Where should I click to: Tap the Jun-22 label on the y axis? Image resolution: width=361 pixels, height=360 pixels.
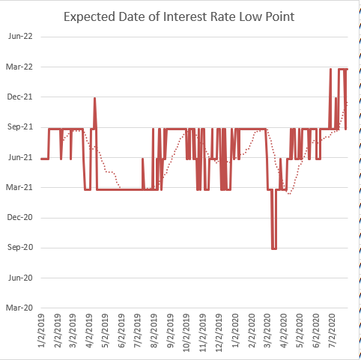[20, 37]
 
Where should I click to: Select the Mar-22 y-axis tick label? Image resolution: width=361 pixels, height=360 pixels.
[20, 67]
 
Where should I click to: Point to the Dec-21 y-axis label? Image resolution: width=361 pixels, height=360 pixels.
[20, 97]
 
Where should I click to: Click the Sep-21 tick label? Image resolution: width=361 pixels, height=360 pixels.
[20, 127]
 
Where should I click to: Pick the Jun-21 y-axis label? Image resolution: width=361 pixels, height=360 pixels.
[20, 157]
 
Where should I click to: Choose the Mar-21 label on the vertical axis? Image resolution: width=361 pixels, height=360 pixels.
[20, 187]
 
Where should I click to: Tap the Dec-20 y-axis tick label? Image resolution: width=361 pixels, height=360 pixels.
[20, 218]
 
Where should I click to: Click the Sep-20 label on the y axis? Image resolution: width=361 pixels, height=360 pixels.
[20, 248]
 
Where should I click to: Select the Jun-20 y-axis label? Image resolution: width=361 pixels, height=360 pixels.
[20, 278]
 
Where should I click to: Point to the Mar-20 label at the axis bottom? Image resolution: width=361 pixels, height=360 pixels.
[20, 308]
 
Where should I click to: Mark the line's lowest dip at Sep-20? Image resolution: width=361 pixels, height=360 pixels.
[274, 248]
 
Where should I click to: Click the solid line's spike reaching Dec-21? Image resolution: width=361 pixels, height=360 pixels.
[94, 98]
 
